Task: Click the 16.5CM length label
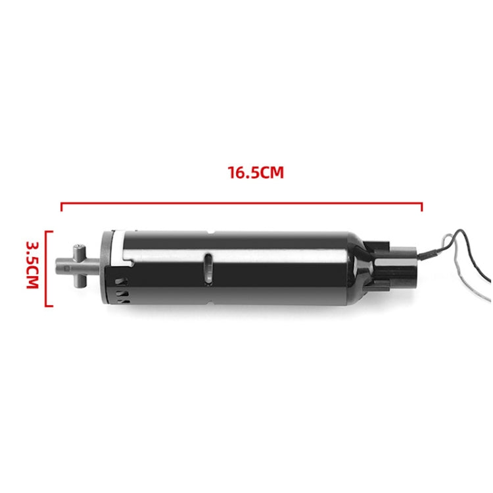(x=256, y=174)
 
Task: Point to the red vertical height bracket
(x=47, y=268)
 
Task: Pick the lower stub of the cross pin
(x=78, y=283)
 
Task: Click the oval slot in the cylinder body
(x=208, y=268)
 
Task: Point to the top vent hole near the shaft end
(x=120, y=279)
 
